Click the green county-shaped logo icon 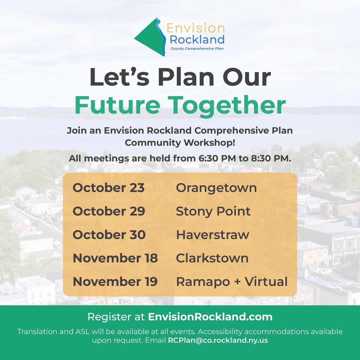(148, 38)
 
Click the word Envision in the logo (195, 29)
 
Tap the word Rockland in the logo (197, 39)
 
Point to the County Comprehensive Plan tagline (197, 48)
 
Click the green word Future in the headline (117, 105)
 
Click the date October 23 (109, 188)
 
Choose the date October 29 (109, 211)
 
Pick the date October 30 (109, 235)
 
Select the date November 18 (115, 258)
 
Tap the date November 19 (115, 282)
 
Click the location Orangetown (216, 188)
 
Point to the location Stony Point (213, 211)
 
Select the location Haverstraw (212, 235)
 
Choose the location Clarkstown (212, 258)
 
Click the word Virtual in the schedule (266, 282)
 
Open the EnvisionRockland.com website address (210, 317)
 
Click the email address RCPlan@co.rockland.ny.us (218, 340)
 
